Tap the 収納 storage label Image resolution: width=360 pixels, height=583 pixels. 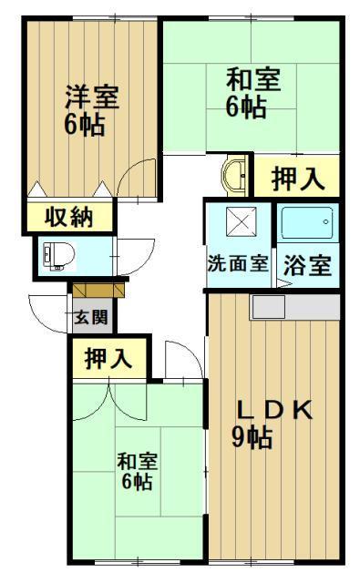point(69,219)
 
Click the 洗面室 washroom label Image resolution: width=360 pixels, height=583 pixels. point(237,266)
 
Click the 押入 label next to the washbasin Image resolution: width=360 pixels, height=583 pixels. point(297,178)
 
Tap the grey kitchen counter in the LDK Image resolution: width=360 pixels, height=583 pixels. point(295,308)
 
